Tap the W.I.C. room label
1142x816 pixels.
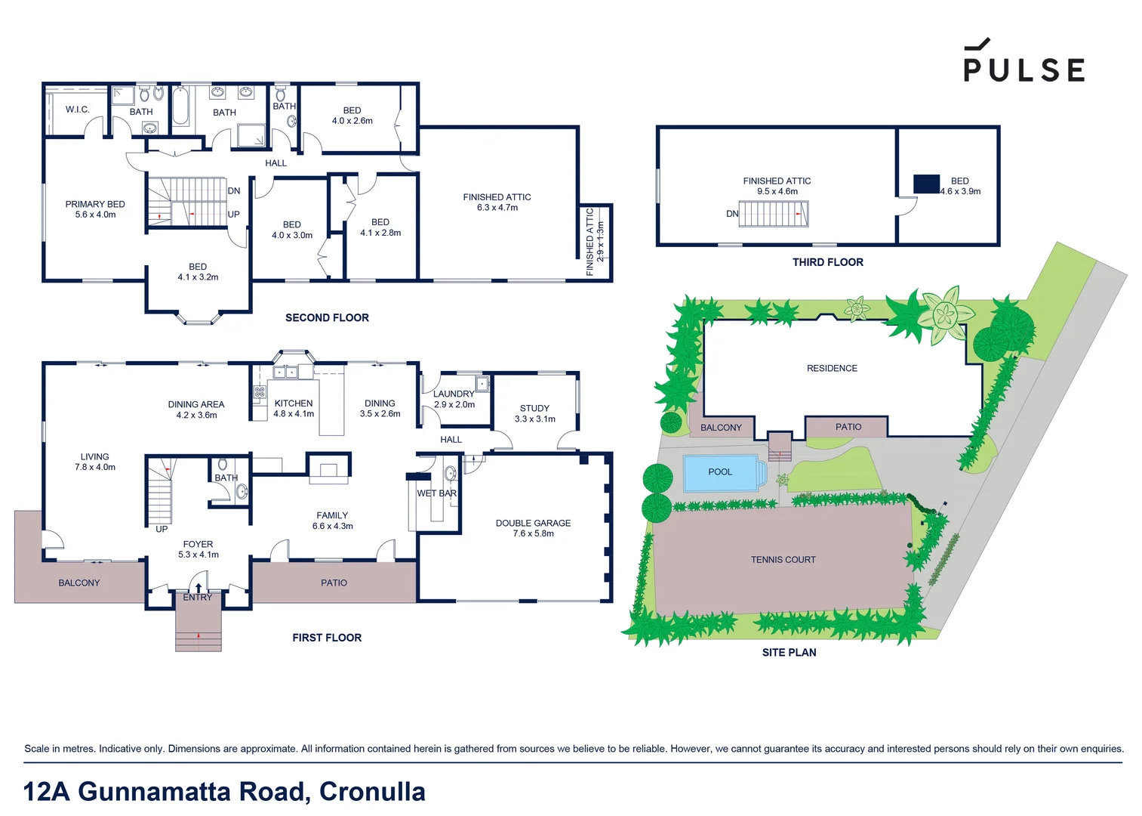point(77,110)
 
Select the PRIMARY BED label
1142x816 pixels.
point(95,204)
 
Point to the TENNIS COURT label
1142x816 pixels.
point(783,560)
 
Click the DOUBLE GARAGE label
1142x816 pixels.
point(533,523)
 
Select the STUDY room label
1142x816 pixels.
point(534,408)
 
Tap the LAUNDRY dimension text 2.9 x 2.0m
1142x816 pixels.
point(454,405)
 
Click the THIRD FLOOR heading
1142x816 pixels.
point(827,262)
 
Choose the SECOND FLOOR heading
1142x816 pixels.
point(327,318)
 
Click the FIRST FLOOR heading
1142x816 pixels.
point(327,638)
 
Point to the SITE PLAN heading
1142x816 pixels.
point(789,653)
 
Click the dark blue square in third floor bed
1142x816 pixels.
point(926,184)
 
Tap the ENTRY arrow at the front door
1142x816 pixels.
point(199,587)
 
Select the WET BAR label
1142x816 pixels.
point(436,493)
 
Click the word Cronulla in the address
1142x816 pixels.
point(372,791)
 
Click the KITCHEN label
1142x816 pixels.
point(294,403)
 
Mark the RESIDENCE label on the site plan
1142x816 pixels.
point(832,369)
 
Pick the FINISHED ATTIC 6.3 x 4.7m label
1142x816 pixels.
point(497,202)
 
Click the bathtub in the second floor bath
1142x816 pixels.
point(180,107)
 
